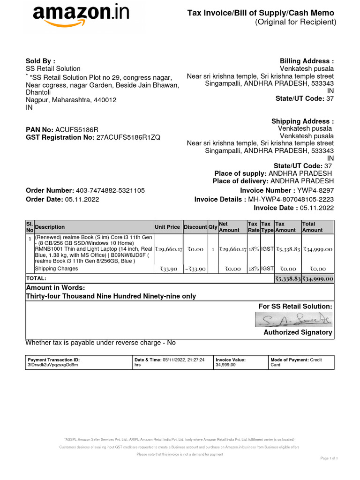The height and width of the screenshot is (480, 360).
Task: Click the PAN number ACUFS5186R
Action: [x=77, y=129]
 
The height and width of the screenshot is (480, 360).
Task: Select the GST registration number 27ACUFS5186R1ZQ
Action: [x=128, y=137]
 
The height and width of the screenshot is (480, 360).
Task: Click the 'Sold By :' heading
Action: [x=40, y=60]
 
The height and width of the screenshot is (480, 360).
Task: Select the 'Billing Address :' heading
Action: [x=307, y=61]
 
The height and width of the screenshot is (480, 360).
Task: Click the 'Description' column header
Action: [x=50, y=227]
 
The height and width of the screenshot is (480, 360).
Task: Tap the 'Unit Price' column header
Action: [x=167, y=227]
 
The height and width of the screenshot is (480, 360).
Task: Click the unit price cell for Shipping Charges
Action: [x=168, y=269]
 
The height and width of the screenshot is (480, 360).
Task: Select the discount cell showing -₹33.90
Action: [x=195, y=269]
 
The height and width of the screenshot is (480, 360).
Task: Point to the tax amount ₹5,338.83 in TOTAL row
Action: [x=287, y=278]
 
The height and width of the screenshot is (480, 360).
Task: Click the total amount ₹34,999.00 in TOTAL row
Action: [x=317, y=278]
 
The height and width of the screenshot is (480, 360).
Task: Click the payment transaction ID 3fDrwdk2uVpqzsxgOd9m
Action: [x=53, y=364]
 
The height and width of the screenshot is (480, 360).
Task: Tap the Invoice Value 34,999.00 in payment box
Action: [x=225, y=364]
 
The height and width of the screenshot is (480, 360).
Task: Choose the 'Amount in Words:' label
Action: [x=55, y=287]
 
